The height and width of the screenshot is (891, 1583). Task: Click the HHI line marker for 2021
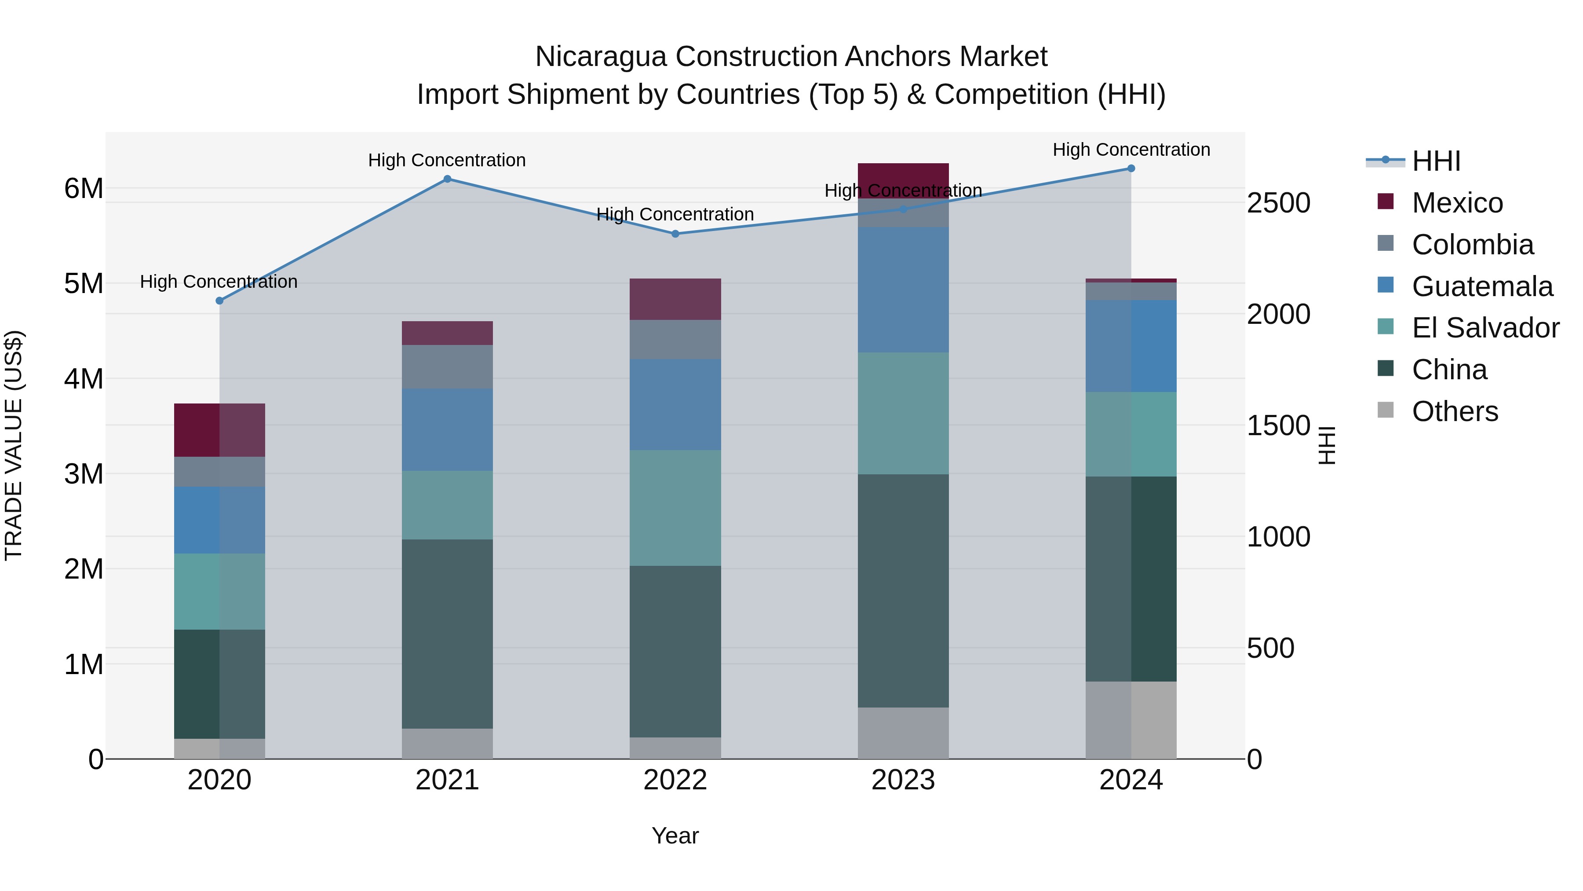pyautogui.click(x=447, y=179)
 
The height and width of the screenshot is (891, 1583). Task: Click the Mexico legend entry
pyautogui.click(x=1456, y=203)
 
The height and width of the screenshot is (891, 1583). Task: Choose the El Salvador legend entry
pyautogui.click(x=1485, y=328)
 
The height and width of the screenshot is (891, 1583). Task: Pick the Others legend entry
pyautogui.click(x=1454, y=411)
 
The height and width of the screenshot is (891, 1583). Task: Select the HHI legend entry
pyautogui.click(x=1436, y=161)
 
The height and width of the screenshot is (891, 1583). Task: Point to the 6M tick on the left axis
pyautogui.click(x=84, y=188)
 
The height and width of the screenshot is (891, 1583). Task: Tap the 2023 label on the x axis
pyautogui.click(x=903, y=780)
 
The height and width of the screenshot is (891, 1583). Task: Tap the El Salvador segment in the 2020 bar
pyautogui.click(x=219, y=591)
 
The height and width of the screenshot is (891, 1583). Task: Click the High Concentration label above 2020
pyautogui.click(x=219, y=282)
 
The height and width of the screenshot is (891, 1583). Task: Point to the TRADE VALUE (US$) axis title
pyautogui.click(x=14, y=445)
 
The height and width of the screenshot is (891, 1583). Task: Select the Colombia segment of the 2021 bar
pyautogui.click(x=447, y=367)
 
